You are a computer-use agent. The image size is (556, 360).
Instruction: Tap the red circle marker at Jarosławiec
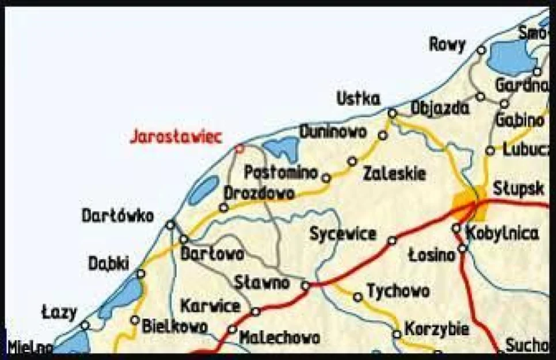(x=239, y=149)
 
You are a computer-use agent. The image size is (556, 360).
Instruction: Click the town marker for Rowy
(x=481, y=50)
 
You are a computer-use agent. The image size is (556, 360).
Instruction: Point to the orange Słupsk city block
(x=465, y=203)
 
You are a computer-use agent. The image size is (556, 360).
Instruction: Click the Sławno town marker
(x=306, y=285)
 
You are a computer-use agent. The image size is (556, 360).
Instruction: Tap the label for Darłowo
(x=212, y=253)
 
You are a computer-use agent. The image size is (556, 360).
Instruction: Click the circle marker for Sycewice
(x=392, y=240)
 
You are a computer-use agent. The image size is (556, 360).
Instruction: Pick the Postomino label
(x=281, y=172)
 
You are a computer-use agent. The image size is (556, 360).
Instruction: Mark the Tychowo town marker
(x=358, y=297)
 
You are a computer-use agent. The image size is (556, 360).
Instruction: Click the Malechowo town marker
(x=232, y=329)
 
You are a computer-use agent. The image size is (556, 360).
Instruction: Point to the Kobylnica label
(x=502, y=234)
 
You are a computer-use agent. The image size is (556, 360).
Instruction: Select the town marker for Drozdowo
(x=224, y=207)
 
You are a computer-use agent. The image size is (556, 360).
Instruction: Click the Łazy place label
(x=59, y=313)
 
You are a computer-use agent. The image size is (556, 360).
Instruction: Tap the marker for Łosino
(x=462, y=248)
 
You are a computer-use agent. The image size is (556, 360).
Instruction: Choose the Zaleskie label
(x=395, y=173)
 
